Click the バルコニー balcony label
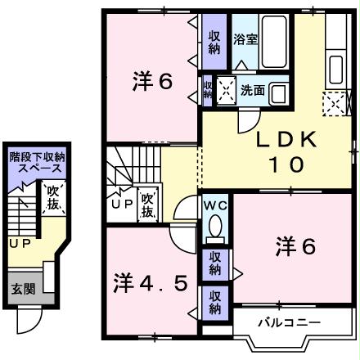pyautogui.click(x=290, y=321)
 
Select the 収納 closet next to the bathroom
pyautogui.click(x=214, y=41)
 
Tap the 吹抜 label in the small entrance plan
pyautogui.click(x=52, y=198)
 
